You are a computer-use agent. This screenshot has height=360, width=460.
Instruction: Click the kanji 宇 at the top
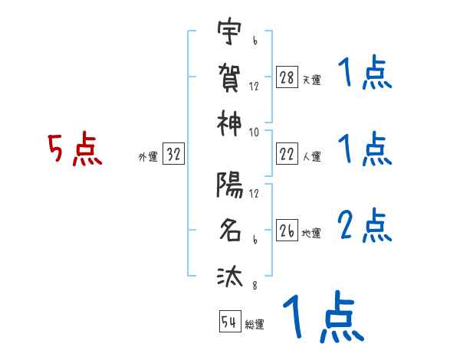tap(229, 34)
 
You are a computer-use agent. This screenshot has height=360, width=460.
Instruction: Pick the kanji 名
tap(229, 230)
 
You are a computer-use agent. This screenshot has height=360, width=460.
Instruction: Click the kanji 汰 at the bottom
tap(229, 275)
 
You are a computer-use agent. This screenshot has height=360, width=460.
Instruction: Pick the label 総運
tap(255, 324)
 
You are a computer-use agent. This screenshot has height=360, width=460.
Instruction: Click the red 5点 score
tap(75, 150)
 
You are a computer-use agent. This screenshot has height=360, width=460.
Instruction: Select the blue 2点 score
tap(365, 226)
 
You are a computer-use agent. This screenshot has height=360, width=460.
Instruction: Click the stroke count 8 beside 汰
tap(253, 285)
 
